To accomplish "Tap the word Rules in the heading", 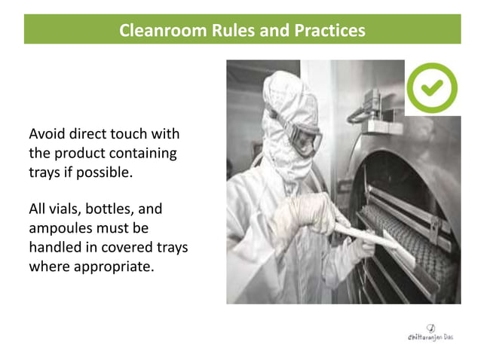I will [x=235, y=31].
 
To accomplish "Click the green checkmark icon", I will [x=431, y=88].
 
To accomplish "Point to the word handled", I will [x=57, y=246].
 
